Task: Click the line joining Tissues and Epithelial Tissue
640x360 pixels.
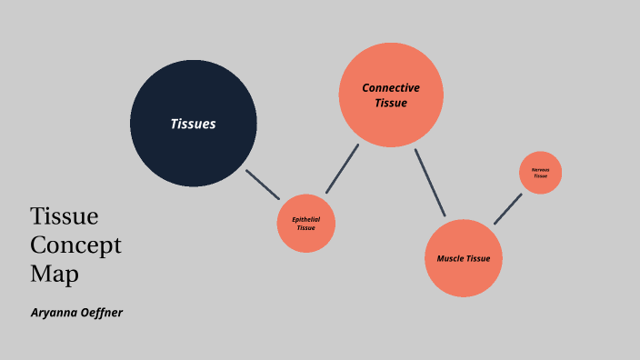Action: pyautogui.click(x=263, y=184)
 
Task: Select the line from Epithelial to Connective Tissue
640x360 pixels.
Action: pyautogui.click(x=343, y=167)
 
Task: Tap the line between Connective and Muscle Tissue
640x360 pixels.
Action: pyautogui.click(x=430, y=183)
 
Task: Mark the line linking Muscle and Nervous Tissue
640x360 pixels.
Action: pyautogui.click(x=508, y=208)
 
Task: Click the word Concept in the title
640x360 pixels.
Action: pyautogui.click(x=75, y=245)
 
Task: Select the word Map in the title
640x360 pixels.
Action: pyautogui.click(x=55, y=273)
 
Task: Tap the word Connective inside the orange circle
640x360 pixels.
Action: pyautogui.click(x=391, y=88)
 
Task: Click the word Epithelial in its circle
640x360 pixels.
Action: pyautogui.click(x=306, y=219)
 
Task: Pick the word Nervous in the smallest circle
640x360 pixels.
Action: pyautogui.click(x=541, y=169)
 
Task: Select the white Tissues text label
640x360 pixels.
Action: pyautogui.click(x=193, y=124)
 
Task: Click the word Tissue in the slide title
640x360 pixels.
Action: pyautogui.click(x=64, y=216)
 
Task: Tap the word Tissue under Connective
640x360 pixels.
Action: pyautogui.click(x=391, y=104)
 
